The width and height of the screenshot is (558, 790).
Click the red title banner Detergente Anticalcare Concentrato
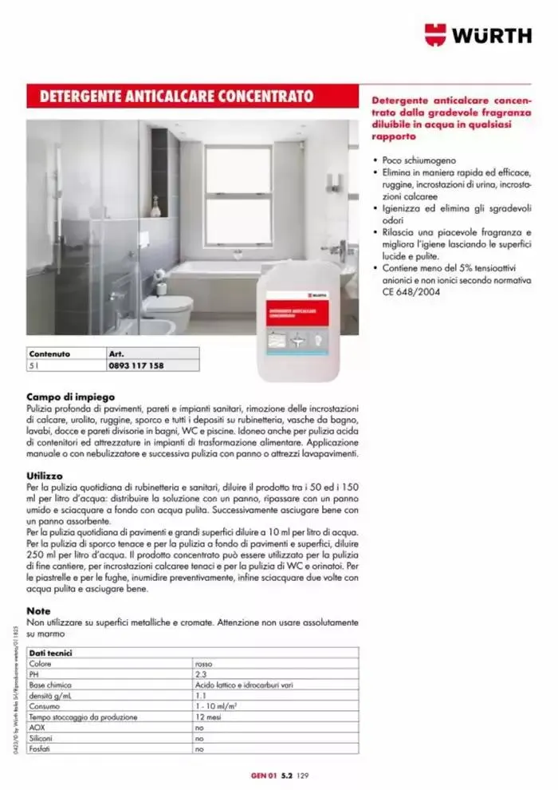171,97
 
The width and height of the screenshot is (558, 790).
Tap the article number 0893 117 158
136,365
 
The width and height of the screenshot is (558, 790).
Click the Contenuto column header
49,354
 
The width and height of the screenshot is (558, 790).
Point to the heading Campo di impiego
70,396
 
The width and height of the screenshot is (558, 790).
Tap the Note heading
38,610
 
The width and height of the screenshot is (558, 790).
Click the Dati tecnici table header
51,652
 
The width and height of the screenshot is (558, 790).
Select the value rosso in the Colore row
204,663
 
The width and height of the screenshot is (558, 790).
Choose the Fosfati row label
41,749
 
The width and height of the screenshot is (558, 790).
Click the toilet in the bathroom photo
167,309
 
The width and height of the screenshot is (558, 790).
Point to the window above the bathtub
238,195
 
